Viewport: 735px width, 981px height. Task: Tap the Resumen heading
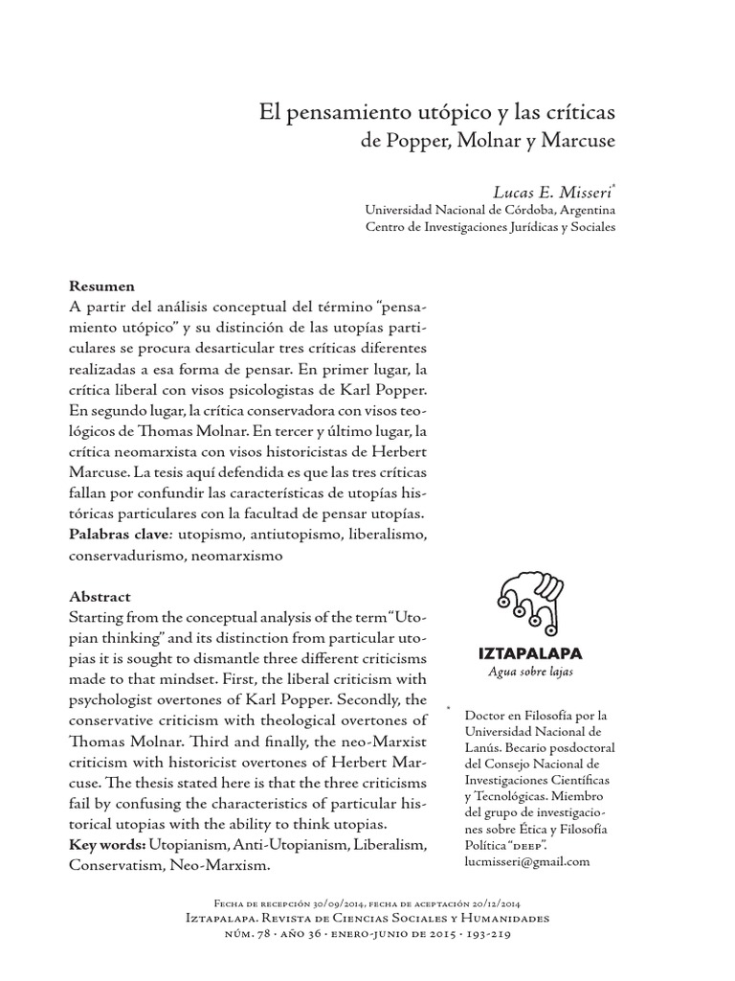(102, 286)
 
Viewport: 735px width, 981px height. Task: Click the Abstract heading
(100, 596)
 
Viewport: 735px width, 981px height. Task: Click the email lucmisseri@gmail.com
(526, 860)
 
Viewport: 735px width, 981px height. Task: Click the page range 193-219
(488, 934)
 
